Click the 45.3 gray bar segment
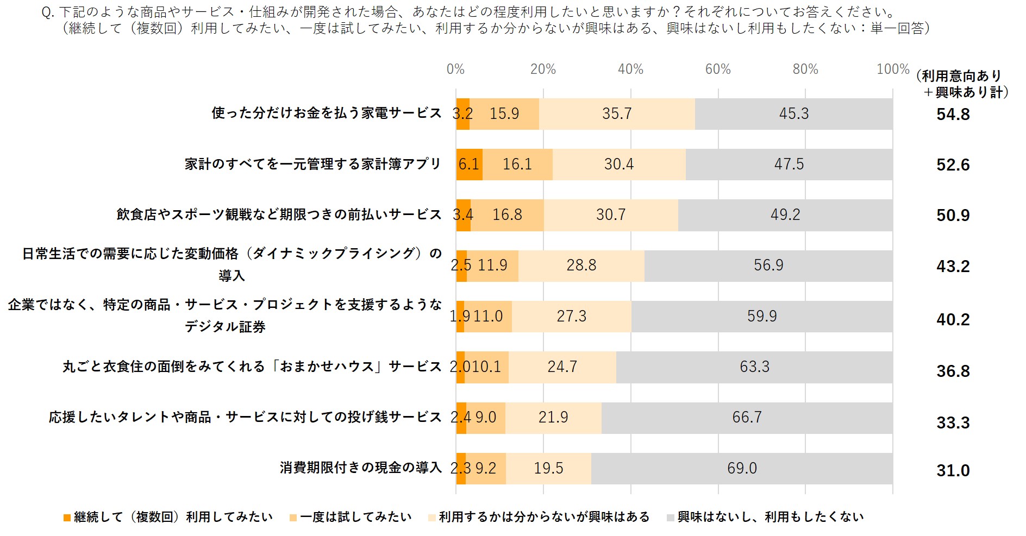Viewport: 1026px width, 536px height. pyautogui.click(x=793, y=113)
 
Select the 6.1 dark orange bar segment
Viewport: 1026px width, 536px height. pyautogui.click(x=469, y=164)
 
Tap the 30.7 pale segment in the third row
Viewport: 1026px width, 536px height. pyautogui.click(x=610, y=215)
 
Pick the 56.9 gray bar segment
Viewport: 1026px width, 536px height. pyautogui.click(x=768, y=266)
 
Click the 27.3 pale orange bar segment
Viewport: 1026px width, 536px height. pyautogui.click(x=571, y=316)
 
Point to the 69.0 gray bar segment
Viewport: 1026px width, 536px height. pyautogui.click(x=742, y=468)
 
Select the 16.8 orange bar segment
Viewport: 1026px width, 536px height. pyautogui.click(x=507, y=215)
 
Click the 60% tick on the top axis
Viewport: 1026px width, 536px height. pyautogui.click(x=718, y=70)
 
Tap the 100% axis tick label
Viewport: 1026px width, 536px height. pyautogui.click(x=892, y=70)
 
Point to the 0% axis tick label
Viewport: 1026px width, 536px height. pyautogui.click(x=455, y=70)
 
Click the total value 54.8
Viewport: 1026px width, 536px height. pyautogui.click(x=953, y=114)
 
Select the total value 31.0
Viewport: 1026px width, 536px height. pyautogui.click(x=953, y=470)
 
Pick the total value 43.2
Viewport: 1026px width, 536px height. pyautogui.click(x=953, y=266)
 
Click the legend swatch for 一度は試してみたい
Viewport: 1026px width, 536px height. pyautogui.click(x=293, y=518)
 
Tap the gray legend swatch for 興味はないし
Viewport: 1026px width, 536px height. pyautogui.click(x=671, y=518)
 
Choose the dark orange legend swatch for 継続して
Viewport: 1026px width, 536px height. pyautogui.click(x=67, y=518)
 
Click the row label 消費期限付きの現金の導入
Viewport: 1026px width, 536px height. pyautogui.click(x=360, y=468)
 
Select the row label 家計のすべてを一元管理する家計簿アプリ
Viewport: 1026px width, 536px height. pyautogui.click(x=312, y=164)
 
